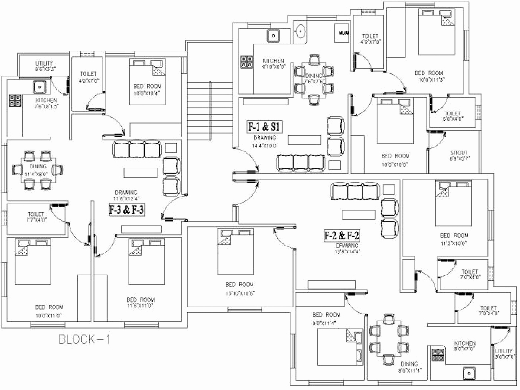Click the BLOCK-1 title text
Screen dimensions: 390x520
(84, 340)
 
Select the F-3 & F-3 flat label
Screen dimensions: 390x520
(126, 210)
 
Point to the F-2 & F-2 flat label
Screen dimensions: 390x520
(342, 235)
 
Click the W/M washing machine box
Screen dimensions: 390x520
(342, 33)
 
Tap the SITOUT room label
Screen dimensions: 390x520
(459, 152)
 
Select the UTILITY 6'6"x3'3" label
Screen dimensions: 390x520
(44, 63)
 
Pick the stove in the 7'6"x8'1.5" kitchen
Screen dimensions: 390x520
(15, 100)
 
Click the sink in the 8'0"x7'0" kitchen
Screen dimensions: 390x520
(469, 373)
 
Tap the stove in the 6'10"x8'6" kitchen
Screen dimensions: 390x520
(246, 62)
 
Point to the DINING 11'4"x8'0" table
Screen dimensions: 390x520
(38, 170)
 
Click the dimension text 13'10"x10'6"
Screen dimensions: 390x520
(240, 293)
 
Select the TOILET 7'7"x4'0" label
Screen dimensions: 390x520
(36, 214)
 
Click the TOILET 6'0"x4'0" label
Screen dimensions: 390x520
(452, 113)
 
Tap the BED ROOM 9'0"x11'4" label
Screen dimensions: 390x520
(326, 315)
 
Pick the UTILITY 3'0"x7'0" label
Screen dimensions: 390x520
(504, 351)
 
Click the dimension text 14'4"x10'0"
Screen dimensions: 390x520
(265, 146)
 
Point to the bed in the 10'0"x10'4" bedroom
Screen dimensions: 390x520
(147, 82)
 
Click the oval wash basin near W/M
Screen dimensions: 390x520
(300, 32)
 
